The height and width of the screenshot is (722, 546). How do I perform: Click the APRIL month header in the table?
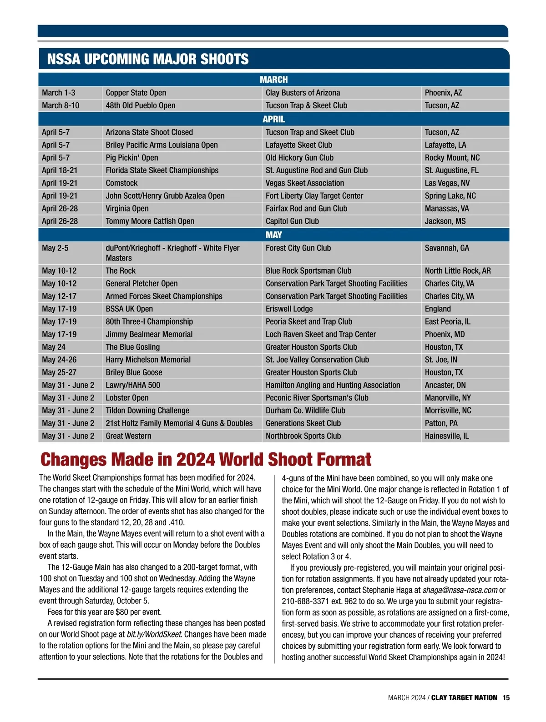(x=273, y=119)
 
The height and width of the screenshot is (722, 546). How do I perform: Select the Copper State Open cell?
(x=136, y=93)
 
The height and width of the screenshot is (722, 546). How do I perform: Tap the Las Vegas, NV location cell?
(x=447, y=183)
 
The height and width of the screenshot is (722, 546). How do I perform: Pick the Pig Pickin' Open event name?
(x=132, y=158)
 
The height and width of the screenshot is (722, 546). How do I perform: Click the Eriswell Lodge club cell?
(x=289, y=309)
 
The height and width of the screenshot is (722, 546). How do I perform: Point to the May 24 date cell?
(x=54, y=347)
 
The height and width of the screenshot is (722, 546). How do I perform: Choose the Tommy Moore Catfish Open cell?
(x=150, y=221)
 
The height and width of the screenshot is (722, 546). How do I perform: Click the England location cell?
(x=438, y=309)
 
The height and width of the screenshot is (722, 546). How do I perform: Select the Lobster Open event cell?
(x=127, y=398)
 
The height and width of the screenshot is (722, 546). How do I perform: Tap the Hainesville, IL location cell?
(x=446, y=436)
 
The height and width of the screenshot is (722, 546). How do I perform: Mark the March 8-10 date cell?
(x=61, y=105)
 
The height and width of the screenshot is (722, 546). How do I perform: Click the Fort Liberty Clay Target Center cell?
(x=314, y=196)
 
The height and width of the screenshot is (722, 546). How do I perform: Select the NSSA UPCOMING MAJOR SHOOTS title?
(x=148, y=59)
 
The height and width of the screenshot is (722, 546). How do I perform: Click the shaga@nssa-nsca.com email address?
(x=460, y=590)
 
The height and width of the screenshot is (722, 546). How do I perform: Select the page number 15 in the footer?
(x=506, y=698)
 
